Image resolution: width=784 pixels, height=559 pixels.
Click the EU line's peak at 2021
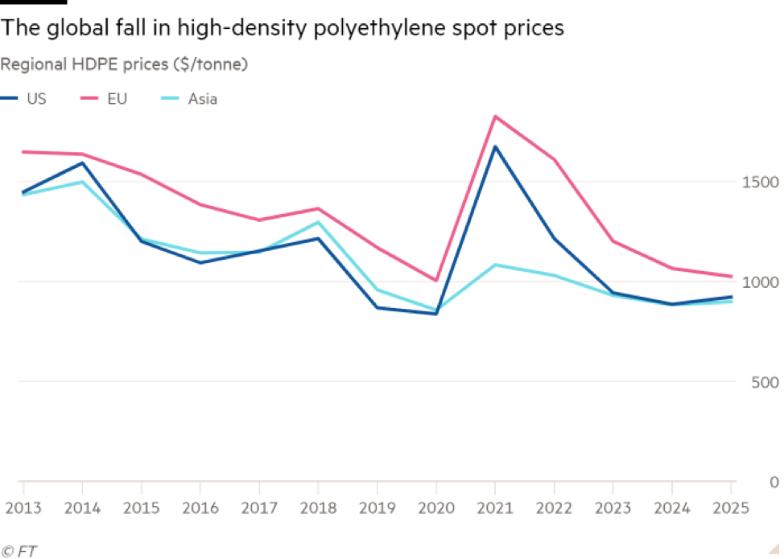495,116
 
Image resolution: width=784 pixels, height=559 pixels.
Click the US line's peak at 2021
495,146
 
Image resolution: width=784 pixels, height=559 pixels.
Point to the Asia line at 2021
495,265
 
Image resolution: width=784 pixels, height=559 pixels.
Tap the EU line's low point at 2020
435,281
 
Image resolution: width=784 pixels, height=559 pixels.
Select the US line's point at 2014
82,162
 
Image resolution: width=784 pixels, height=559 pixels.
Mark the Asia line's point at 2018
319,222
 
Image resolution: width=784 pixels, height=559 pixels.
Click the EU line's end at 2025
732,277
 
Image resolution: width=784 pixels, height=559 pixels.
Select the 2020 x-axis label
435,508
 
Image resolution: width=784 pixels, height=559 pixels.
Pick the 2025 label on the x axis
731,508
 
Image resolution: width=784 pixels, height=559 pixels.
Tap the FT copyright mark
21,551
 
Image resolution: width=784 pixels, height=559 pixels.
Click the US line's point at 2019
378,307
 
